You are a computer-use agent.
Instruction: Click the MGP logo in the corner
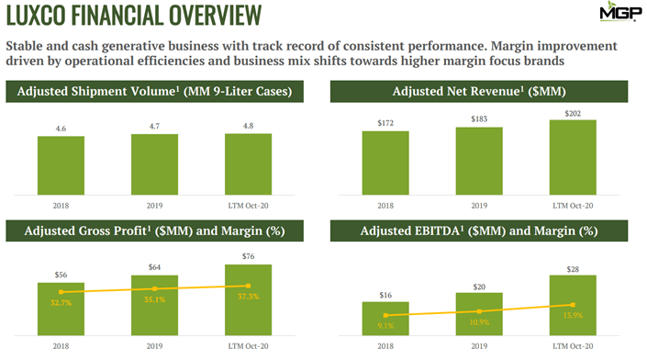click(x=616, y=14)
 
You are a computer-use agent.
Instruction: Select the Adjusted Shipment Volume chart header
click(x=162, y=92)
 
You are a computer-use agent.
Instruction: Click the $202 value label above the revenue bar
click(x=573, y=113)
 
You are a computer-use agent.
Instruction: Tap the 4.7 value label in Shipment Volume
click(x=154, y=126)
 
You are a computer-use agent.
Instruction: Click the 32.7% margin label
click(x=61, y=300)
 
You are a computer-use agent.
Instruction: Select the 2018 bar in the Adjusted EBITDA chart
click(x=385, y=321)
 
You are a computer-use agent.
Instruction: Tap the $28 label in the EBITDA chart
click(x=573, y=267)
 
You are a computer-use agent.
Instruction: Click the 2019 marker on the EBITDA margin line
click(x=479, y=310)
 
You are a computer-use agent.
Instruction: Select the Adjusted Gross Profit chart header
click(x=162, y=231)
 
